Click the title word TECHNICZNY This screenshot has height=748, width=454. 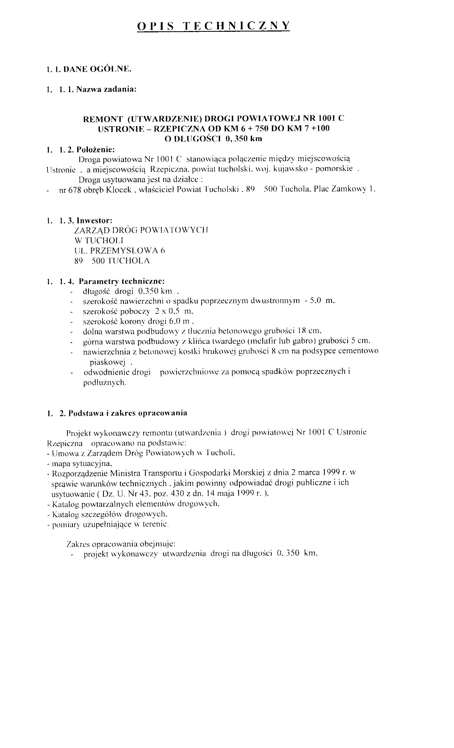237,26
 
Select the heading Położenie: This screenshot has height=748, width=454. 96,149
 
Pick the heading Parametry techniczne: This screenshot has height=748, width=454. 122,281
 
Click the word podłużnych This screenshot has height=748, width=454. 104,383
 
